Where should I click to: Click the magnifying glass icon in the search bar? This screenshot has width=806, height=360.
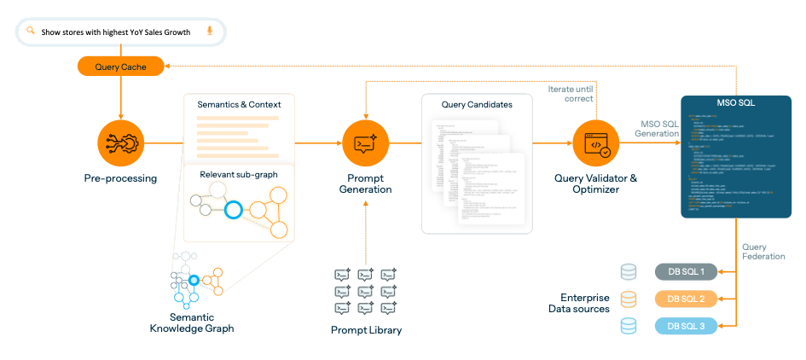tap(31, 32)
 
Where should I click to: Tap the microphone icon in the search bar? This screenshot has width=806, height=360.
tap(210, 32)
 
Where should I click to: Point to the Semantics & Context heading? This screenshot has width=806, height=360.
tap(239, 104)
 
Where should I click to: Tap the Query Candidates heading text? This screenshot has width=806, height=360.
tap(477, 104)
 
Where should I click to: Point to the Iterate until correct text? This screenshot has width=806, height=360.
tap(573, 94)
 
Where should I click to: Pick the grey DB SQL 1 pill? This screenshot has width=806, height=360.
tap(685, 272)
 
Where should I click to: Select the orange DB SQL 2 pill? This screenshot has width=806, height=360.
tap(685, 299)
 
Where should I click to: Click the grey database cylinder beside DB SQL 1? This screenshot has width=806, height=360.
tap(629, 272)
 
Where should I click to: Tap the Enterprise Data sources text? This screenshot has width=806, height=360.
tap(579, 303)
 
